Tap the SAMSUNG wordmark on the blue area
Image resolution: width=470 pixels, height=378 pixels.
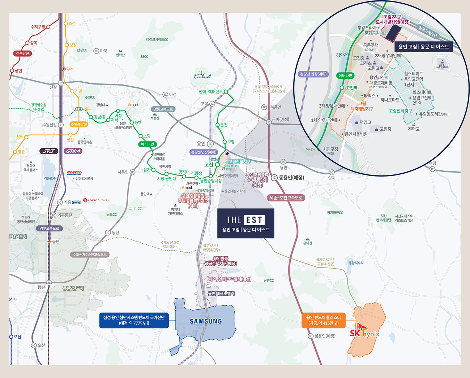click(206, 321)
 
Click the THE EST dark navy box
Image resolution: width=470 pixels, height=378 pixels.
click(246, 223)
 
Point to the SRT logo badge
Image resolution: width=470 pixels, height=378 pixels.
click(49, 151)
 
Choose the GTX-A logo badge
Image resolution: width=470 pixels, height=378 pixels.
click(73, 151)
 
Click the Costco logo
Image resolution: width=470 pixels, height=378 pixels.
click(74, 173)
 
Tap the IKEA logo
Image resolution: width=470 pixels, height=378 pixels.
click(76, 202)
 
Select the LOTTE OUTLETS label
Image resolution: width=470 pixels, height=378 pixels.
click(96, 200)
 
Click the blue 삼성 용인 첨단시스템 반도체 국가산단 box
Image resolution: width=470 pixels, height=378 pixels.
click(134, 320)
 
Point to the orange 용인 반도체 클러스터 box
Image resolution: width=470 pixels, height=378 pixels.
click(324, 320)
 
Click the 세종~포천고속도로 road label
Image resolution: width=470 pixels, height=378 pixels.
click(286, 197)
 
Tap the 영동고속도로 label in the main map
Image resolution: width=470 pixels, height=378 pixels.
click(163, 109)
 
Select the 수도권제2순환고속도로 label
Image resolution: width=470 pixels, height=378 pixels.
click(90, 255)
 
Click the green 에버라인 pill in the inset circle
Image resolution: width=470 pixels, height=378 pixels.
click(345, 75)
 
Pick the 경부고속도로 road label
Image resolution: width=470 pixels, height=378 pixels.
click(49, 228)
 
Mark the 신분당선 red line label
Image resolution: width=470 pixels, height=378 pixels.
click(22, 53)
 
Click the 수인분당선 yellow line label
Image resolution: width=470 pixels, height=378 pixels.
click(79, 124)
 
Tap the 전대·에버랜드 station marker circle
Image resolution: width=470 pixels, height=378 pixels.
click(226, 92)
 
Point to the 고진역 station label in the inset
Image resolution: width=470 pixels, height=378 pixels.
click(351, 88)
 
